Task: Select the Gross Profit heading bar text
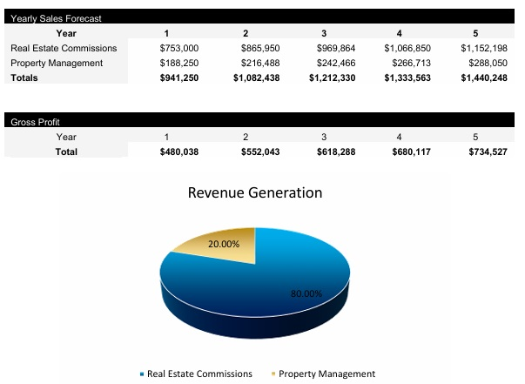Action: [x=30, y=122]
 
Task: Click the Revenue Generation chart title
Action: [x=255, y=192]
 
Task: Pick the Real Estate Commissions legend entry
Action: [x=199, y=374]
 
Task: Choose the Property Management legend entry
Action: [x=326, y=374]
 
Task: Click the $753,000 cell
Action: [x=179, y=49]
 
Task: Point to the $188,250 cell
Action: [x=179, y=64]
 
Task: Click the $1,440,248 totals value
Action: [x=483, y=78]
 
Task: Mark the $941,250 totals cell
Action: [x=179, y=78]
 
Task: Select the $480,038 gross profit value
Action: [x=179, y=152]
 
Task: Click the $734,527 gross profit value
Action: [x=483, y=152]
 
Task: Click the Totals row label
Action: [x=24, y=78]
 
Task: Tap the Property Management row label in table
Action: [x=56, y=64]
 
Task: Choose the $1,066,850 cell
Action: [x=407, y=49]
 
